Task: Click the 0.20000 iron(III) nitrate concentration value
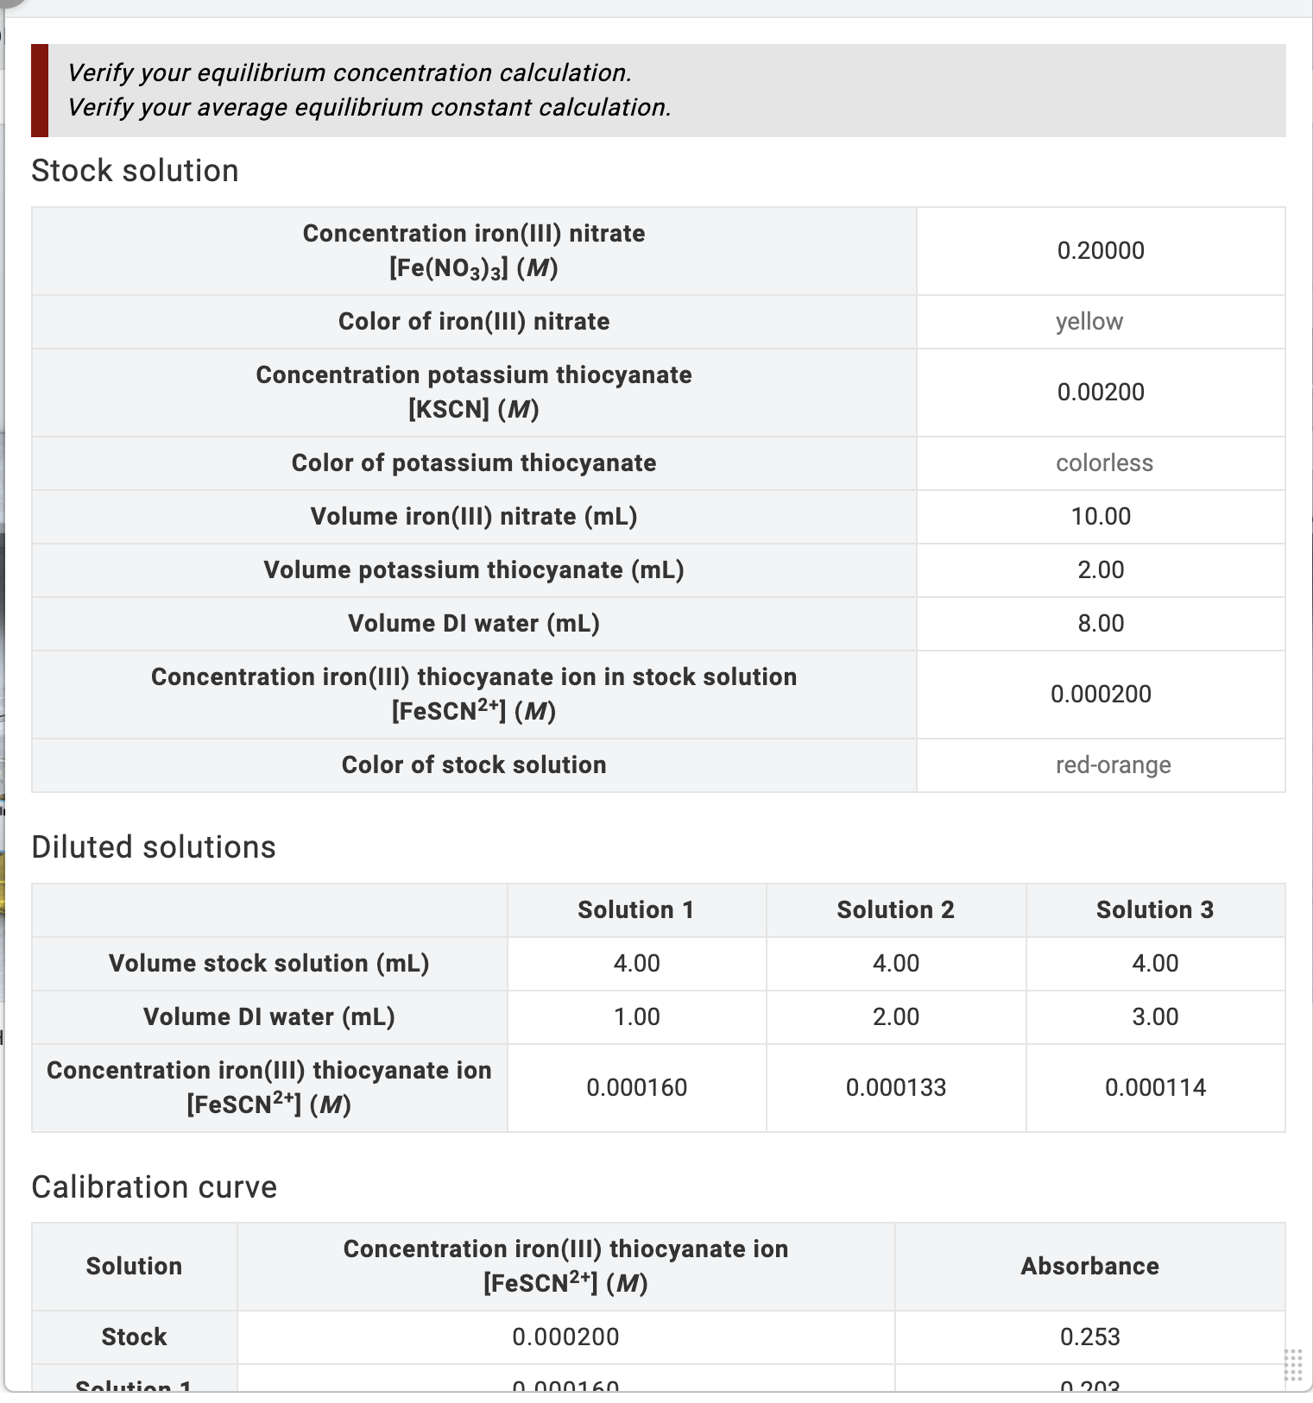[1101, 250]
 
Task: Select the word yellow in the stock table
[1089, 322]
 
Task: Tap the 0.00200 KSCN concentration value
[1101, 392]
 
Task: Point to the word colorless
[1104, 463]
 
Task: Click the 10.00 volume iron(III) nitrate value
[1101, 517]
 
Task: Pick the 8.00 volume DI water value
[1101, 624]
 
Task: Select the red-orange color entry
[1113, 765]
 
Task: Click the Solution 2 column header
[895, 910]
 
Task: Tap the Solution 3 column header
[1154, 910]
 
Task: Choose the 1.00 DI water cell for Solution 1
[636, 1017]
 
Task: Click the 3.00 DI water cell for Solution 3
[1154, 1017]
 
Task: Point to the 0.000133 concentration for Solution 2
[895, 1088]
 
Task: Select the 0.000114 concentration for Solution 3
[1154, 1088]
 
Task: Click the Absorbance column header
[1089, 1267]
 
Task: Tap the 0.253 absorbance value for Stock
[1089, 1337]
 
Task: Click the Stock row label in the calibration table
[134, 1337]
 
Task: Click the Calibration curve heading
[154, 1187]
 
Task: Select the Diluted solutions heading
[153, 847]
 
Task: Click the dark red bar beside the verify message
[40, 91]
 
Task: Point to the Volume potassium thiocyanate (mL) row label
[473, 570]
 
